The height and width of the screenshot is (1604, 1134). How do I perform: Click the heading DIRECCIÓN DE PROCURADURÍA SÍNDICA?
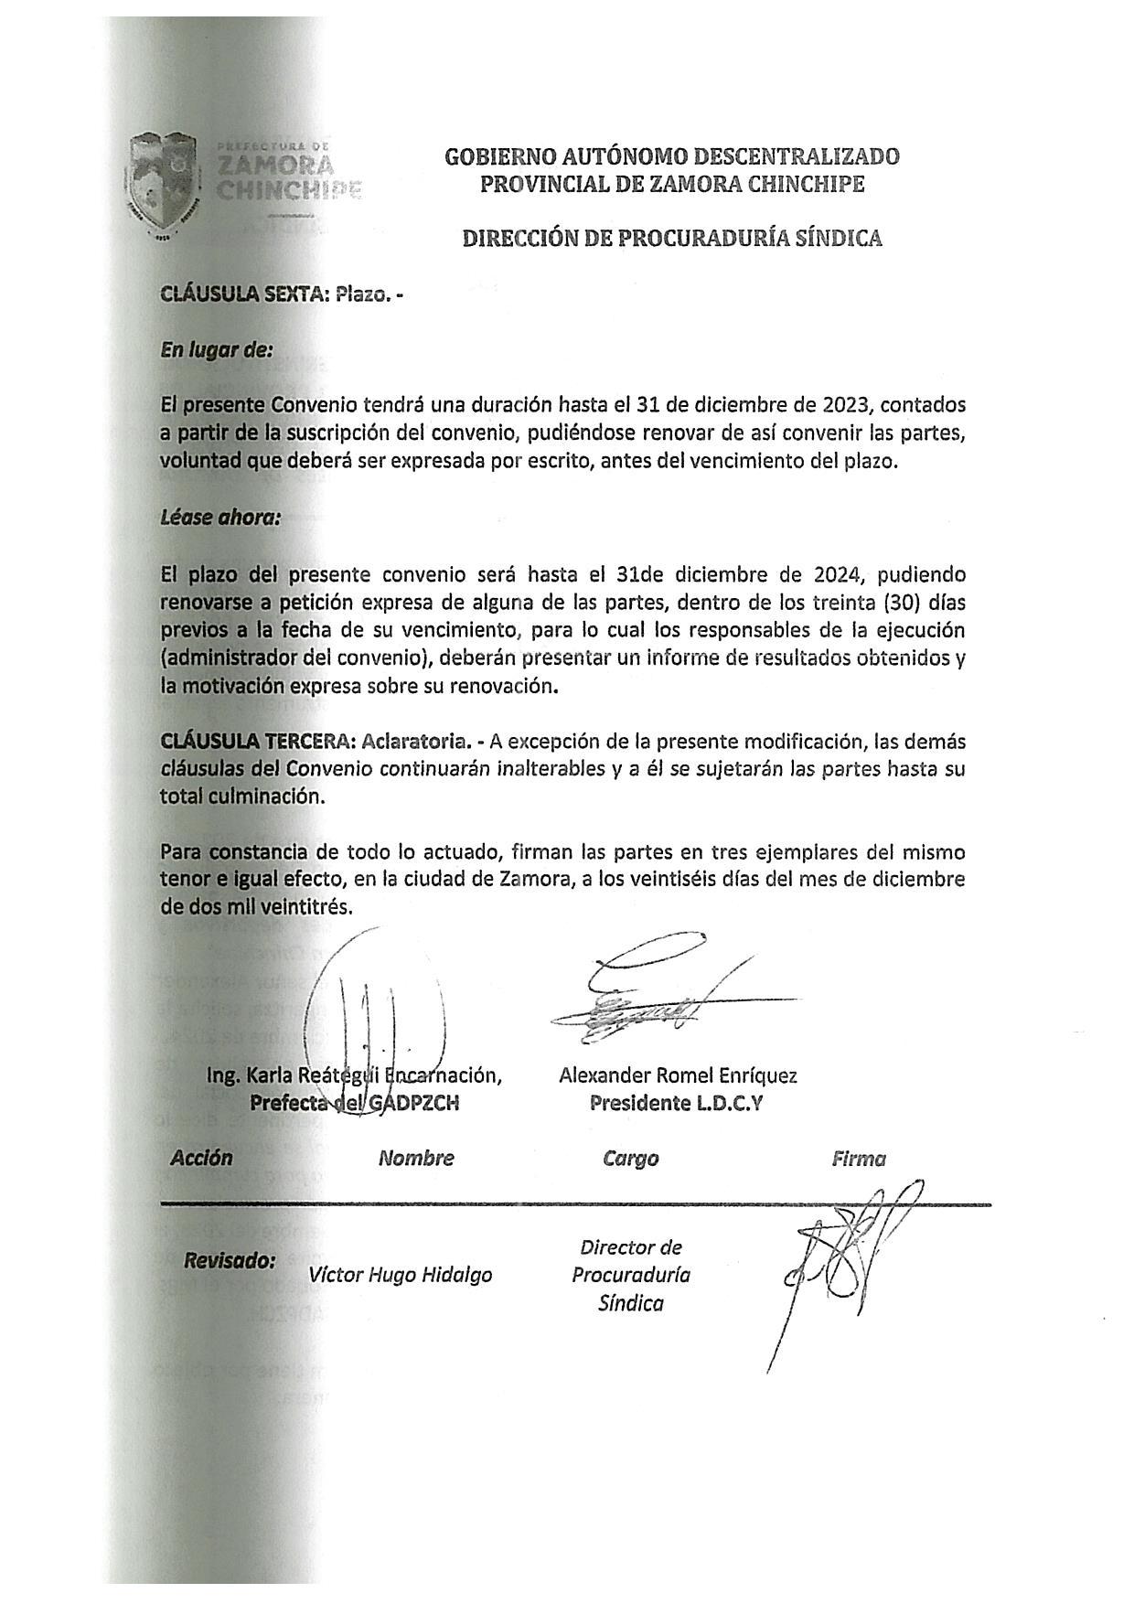pos(672,239)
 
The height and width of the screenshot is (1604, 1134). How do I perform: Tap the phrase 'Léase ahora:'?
pos(220,518)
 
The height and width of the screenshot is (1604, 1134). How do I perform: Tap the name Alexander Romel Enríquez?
pos(678,1075)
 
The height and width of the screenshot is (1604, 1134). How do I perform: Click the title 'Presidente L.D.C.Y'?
pos(677,1103)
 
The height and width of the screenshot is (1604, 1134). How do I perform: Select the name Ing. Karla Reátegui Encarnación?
pos(354,1075)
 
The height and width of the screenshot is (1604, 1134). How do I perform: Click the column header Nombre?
pos(416,1159)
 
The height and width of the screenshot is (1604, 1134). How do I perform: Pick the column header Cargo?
pos(630,1159)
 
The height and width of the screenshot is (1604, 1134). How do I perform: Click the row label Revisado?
pos(230,1261)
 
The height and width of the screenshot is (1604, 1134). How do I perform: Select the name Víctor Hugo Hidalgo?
pos(401,1275)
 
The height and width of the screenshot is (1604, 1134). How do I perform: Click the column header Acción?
pos(201,1158)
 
